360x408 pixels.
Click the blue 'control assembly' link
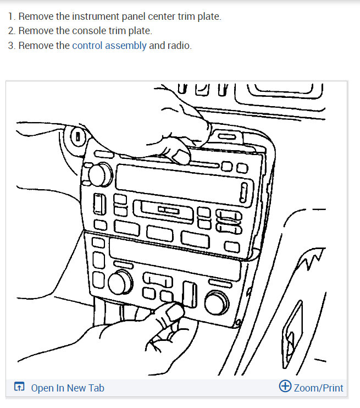tap(109, 46)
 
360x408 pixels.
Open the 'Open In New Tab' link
tap(68, 388)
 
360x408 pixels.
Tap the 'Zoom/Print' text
tap(318, 388)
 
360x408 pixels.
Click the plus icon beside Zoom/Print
tap(285, 387)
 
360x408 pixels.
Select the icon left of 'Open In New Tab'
tap(19, 388)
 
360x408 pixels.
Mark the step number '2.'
tap(12, 31)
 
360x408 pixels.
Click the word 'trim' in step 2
tap(123, 31)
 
